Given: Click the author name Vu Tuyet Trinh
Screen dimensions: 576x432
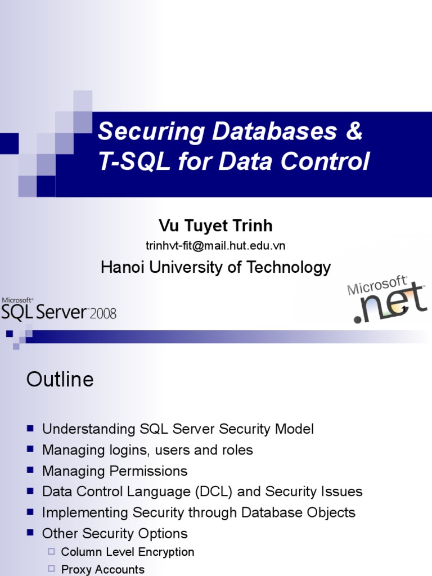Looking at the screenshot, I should coord(215,226).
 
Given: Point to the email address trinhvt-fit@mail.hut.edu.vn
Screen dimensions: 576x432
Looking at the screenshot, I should coord(215,246).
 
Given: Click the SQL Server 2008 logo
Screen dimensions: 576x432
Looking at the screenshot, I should coord(58,310).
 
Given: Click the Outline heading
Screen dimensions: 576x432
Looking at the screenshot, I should coord(60,380).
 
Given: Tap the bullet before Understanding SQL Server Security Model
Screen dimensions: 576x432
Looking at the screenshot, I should coord(30,429).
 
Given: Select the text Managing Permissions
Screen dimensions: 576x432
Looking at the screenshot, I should coord(115,471).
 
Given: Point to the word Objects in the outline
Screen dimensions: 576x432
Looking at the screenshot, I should coord(331,512).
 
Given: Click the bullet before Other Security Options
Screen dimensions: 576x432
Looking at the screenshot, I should coord(30,533).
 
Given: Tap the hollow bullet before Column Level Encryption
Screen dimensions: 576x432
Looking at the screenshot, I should coord(51,552).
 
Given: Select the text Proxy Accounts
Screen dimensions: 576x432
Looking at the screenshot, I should coord(102,569).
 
